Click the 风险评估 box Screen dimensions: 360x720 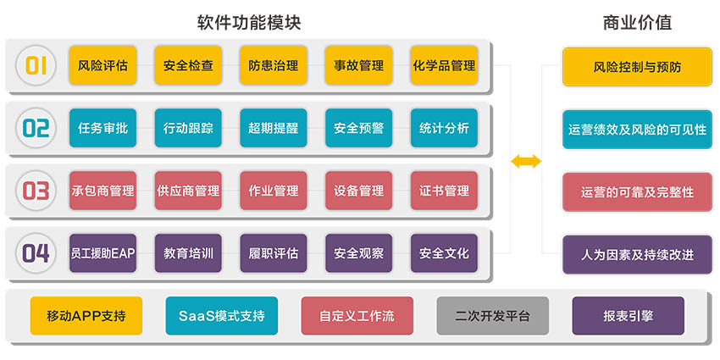click(x=102, y=65)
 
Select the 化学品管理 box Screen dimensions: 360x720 click(x=444, y=65)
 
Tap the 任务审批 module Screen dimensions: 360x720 click(x=102, y=129)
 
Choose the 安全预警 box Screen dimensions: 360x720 click(x=358, y=129)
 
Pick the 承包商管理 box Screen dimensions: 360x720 click(x=102, y=191)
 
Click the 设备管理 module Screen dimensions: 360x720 click(x=358, y=191)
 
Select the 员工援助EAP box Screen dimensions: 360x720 click(x=102, y=253)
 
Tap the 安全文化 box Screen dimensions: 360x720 click(x=444, y=253)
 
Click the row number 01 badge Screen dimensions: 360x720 click(x=36, y=65)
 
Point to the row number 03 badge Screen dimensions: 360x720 click(x=36, y=191)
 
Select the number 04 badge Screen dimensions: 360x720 click(x=36, y=253)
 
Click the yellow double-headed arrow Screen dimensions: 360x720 click(x=525, y=161)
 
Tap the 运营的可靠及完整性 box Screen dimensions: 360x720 click(x=637, y=192)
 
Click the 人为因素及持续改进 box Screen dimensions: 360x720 click(x=637, y=254)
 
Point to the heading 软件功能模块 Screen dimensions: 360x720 click(x=248, y=22)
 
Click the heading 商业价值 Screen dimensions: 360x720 click(x=637, y=22)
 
